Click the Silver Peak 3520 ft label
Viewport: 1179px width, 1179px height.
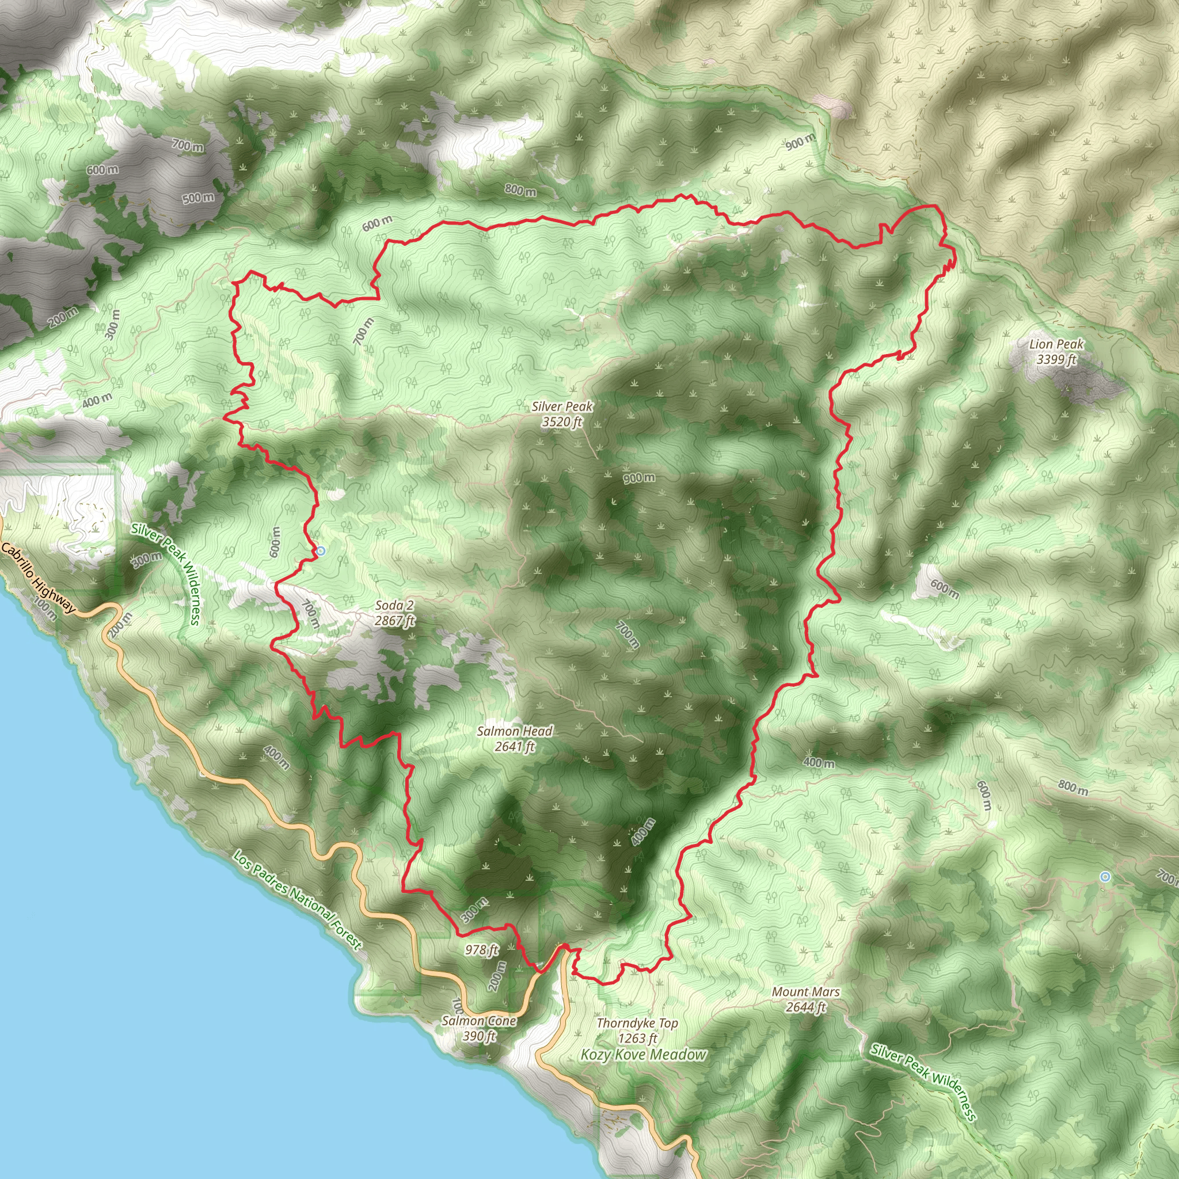[x=562, y=414]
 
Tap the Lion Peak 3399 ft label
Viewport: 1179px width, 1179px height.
[x=1056, y=352]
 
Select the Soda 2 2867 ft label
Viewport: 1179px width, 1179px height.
[x=394, y=613]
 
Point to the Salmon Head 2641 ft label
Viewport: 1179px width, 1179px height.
[x=515, y=739]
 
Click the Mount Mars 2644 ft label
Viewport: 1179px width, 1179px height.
[x=805, y=999]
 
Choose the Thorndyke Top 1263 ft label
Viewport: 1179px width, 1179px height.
[x=637, y=1030]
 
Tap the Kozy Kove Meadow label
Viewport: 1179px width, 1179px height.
[x=644, y=1055]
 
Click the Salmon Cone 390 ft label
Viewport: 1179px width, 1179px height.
[x=479, y=1028]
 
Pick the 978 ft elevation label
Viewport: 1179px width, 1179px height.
[x=481, y=949]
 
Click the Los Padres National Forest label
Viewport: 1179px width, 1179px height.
[x=298, y=900]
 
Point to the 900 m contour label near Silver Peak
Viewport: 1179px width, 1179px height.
[x=639, y=478]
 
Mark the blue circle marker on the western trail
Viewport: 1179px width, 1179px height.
[x=321, y=551]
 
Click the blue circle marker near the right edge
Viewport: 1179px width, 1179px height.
[x=1105, y=877]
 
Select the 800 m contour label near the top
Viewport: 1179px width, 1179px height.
[x=520, y=191]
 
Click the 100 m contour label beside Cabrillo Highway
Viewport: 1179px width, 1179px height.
[x=46, y=609]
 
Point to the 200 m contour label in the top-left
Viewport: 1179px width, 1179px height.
[x=63, y=317]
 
